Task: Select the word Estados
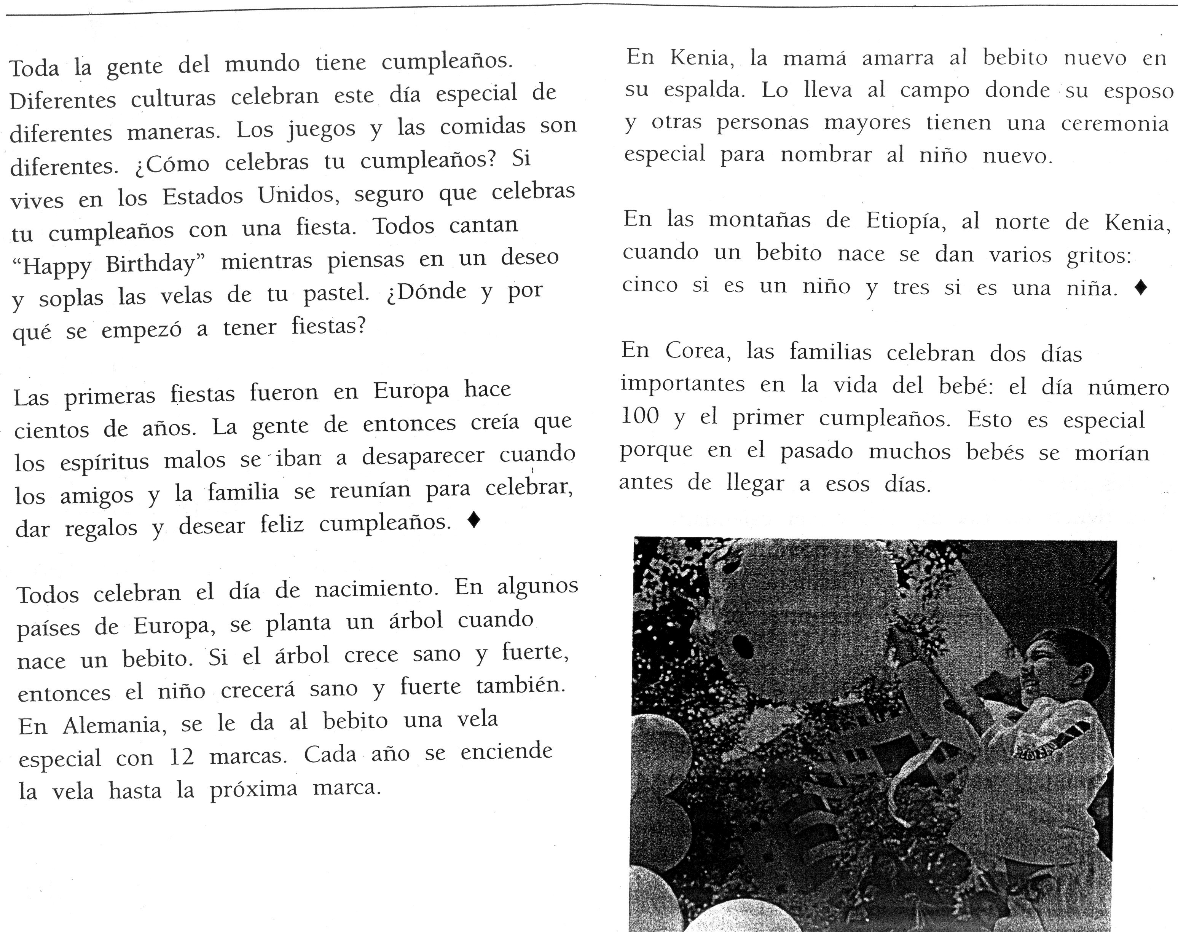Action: pyautogui.click(x=202, y=196)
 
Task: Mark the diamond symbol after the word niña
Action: pyautogui.click(x=1140, y=287)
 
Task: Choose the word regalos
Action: pyautogui.click(x=101, y=528)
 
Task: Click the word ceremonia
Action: pyautogui.click(x=1115, y=124)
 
